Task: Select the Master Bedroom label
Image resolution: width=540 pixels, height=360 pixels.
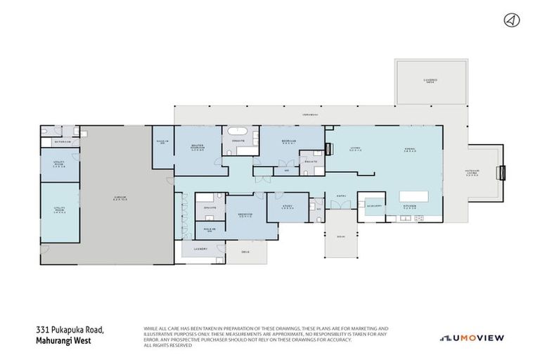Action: coord(198,148)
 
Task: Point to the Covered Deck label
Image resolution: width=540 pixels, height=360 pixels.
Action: coord(430,81)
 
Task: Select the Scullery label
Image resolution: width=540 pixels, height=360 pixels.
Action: coord(373,206)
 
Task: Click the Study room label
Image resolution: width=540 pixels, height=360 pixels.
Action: coord(288,207)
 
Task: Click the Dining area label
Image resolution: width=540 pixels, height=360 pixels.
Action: coord(410,148)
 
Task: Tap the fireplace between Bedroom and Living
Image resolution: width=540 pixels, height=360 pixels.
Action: coord(327,149)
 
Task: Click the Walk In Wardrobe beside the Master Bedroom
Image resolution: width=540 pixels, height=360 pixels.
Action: coord(161,143)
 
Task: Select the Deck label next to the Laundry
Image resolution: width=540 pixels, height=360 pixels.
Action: coord(245,252)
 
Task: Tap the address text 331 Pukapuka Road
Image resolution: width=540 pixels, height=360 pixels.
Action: coord(70,329)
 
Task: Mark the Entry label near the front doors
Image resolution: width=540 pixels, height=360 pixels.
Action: coord(341,196)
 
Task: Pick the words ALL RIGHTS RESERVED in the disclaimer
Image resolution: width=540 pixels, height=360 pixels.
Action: coord(167,345)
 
